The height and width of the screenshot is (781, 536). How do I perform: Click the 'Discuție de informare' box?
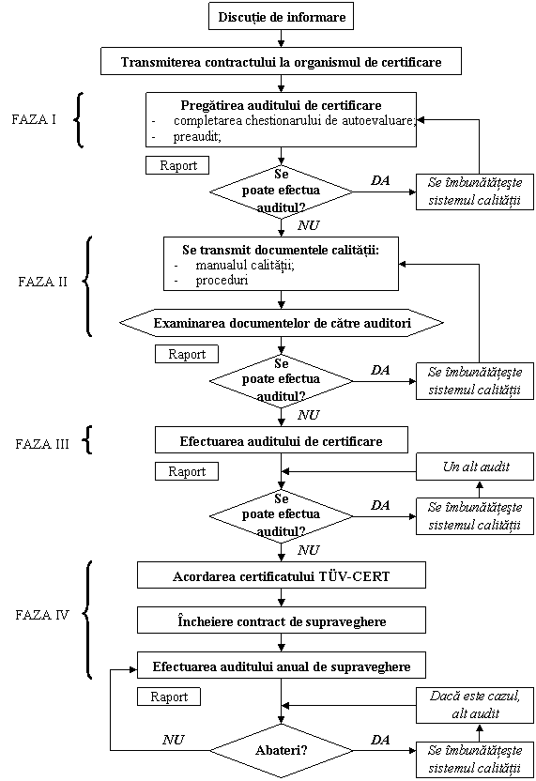point(281,17)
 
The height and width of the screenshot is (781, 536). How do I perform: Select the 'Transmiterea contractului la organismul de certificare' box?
point(281,61)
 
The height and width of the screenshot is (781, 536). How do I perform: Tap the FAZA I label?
point(34,119)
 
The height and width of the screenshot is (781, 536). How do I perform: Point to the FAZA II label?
point(42,282)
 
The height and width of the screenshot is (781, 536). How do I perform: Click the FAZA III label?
point(42,444)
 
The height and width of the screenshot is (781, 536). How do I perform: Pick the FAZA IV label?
point(42,615)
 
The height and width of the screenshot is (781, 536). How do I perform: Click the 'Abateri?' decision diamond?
point(282,750)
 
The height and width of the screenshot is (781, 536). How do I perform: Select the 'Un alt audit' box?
point(475,467)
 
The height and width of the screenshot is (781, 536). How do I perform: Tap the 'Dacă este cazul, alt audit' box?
point(475,705)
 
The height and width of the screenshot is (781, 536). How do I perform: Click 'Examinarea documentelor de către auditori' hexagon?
point(282,323)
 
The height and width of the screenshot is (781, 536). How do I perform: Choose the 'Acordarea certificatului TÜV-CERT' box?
point(282,575)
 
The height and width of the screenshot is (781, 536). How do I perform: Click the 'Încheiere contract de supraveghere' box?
point(282,620)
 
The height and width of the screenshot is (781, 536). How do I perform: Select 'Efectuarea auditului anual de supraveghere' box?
point(282,666)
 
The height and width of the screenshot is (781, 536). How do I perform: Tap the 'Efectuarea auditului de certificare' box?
point(282,440)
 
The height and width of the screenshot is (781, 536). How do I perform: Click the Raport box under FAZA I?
point(177,165)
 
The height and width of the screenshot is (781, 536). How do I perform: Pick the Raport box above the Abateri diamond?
point(169,697)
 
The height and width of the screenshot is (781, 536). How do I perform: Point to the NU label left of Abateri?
point(174,740)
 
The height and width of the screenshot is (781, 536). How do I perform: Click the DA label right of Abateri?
point(380,740)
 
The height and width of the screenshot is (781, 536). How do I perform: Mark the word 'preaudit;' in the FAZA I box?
point(197,137)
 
